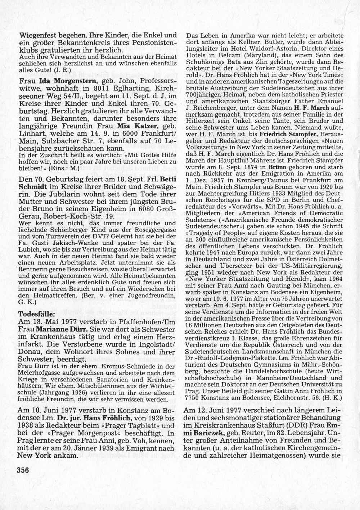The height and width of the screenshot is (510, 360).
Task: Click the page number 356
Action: (22, 470)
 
